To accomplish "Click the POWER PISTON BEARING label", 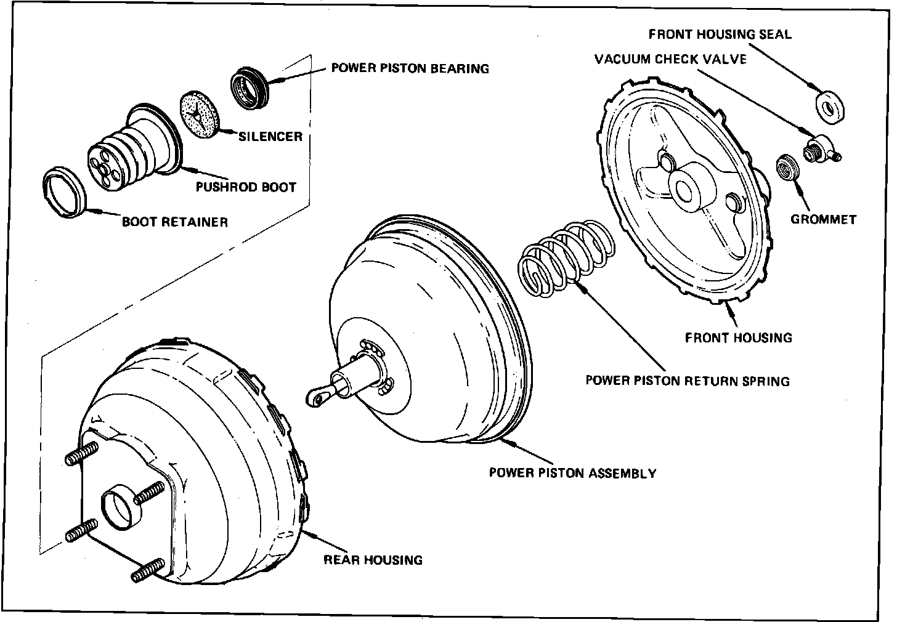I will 410,68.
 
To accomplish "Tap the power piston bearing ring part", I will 248,89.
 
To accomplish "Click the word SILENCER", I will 270,136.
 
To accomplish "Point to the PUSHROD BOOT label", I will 246,187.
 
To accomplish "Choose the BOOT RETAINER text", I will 174,222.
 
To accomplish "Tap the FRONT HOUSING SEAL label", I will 720,34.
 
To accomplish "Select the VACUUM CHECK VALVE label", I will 670,59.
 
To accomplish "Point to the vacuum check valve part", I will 819,148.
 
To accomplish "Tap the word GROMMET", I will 823,219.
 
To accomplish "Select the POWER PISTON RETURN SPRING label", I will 687,381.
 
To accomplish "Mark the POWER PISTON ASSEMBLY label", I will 572,473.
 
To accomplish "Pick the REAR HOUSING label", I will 373,560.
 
